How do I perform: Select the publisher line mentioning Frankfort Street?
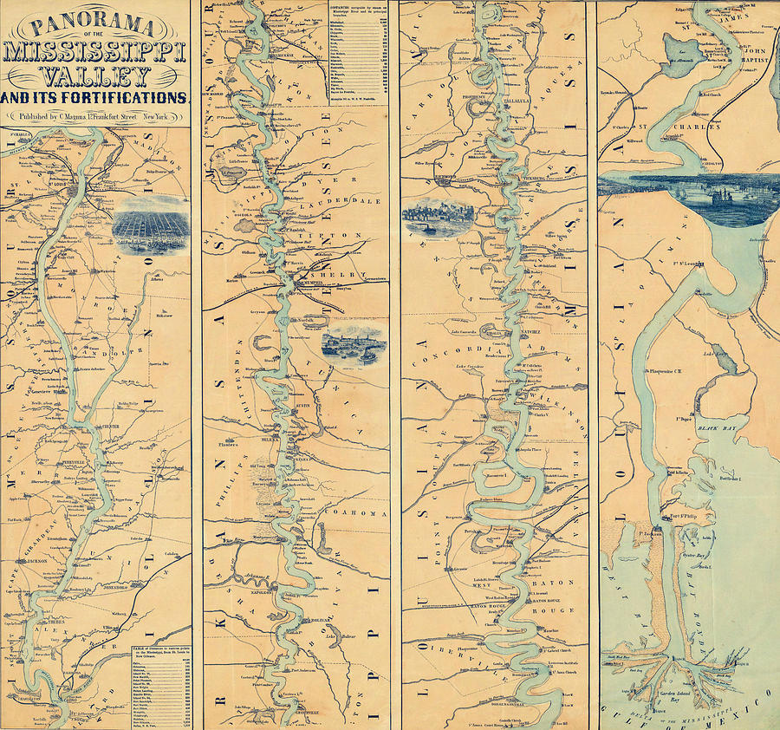[96, 116]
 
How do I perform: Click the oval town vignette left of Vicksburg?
[438, 218]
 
